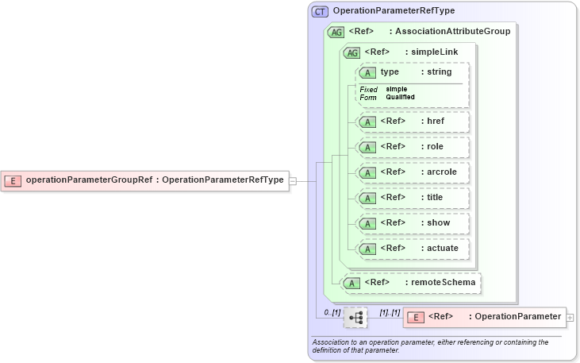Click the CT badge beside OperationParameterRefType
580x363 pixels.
(321, 12)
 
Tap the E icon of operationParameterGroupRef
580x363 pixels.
(13, 180)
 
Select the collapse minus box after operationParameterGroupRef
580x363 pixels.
(293, 180)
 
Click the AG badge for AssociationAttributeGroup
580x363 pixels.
(336, 33)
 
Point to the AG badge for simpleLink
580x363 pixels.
(350, 52)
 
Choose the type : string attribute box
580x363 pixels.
(413, 72)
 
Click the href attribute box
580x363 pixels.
(413, 122)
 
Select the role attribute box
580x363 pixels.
(413, 147)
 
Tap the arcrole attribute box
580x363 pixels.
(413, 172)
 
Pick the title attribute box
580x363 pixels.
(413, 198)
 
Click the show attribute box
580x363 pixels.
(413, 223)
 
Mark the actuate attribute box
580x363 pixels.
(413, 249)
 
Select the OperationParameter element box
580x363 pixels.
(484, 317)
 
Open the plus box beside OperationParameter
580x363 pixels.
(570, 317)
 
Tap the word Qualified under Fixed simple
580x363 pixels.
(401, 97)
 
